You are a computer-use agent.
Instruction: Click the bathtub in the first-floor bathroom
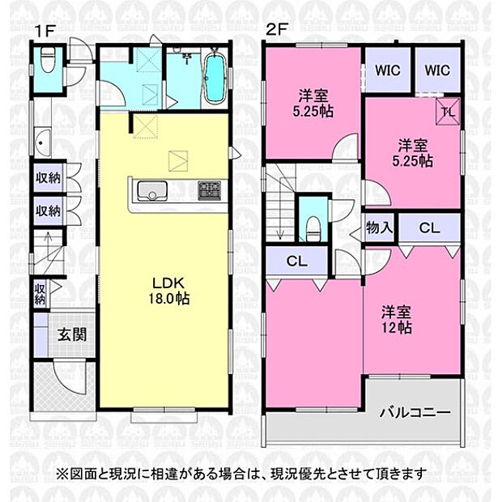point(215,79)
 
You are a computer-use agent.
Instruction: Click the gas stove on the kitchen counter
point(210,191)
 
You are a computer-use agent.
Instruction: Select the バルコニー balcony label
point(415,412)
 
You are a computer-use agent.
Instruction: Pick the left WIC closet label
point(387,70)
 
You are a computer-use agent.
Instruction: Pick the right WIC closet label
point(436,70)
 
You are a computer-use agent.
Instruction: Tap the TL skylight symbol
point(448,113)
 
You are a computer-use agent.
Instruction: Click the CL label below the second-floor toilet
point(296,261)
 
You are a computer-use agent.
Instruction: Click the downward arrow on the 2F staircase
point(280,233)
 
